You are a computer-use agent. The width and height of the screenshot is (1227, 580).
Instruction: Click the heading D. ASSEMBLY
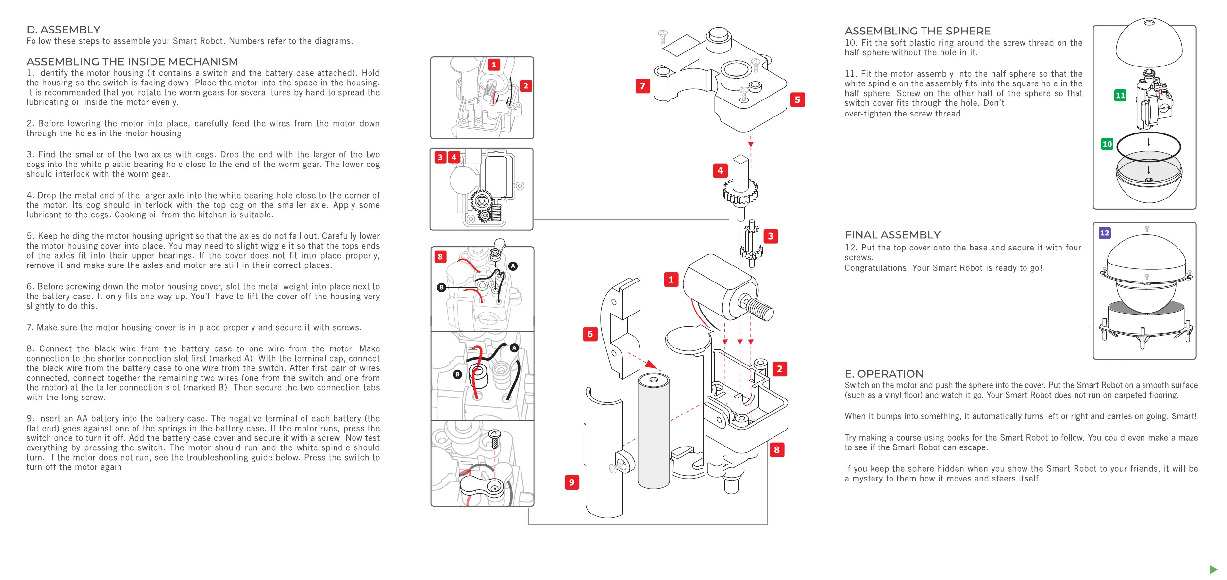click(63, 30)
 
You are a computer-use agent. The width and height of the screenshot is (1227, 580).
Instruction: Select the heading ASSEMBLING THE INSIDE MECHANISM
click(132, 62)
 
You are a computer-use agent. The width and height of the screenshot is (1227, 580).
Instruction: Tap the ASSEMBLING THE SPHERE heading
click(917, 31)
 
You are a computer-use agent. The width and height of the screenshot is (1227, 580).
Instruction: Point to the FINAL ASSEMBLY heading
click(892, 235)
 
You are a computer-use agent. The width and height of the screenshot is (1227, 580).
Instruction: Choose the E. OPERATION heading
click(884, 374)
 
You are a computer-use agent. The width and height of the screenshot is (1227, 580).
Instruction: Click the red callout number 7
click(642, 86)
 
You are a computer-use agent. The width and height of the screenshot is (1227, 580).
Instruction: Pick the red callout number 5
click(797, 100)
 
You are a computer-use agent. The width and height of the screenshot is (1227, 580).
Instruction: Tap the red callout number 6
click(590, 334)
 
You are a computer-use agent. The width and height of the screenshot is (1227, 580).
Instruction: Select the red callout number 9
click(571, 482)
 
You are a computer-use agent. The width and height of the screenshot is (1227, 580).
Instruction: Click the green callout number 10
click(1107, 144)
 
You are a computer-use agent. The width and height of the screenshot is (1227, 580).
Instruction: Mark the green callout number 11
click(1120, 96)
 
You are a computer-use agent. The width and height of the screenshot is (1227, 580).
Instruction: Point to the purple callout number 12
click(1105, 233)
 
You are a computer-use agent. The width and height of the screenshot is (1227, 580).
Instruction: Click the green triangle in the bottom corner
click(1214, 569)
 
